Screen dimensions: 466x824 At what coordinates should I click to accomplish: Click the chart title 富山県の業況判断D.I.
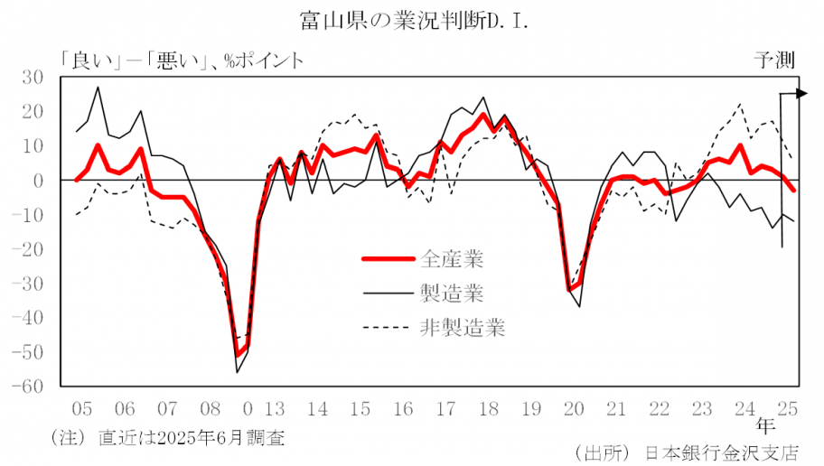(412, 19)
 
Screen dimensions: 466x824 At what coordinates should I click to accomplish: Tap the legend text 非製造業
(463, 327)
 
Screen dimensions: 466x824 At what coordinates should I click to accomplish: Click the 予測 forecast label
(774, 61)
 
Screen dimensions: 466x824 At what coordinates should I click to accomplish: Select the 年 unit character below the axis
(764, 423)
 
